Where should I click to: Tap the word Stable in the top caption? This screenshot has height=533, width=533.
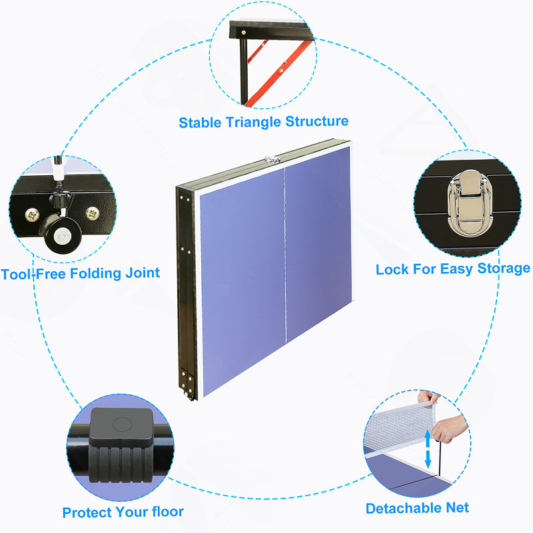pos(200,123)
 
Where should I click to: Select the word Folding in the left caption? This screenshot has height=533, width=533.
pos(95,274)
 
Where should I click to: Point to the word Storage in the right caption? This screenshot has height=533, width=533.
pos(504,268)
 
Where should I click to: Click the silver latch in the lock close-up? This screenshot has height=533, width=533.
pos(470,203)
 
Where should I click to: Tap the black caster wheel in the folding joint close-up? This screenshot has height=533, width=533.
pos(61,234)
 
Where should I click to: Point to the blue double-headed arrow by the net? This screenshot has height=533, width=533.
pos(428,448)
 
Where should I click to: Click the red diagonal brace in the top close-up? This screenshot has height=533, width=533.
pos(278,71)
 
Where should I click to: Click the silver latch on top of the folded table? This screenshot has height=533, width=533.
pos(272,159)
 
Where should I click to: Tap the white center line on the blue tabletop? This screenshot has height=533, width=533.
pos(285,255)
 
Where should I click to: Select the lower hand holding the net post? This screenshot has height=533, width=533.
pos(449,429)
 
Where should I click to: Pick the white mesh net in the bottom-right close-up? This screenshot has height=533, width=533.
pos(399,426)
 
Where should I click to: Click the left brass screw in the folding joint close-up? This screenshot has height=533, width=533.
pos(33,215)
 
